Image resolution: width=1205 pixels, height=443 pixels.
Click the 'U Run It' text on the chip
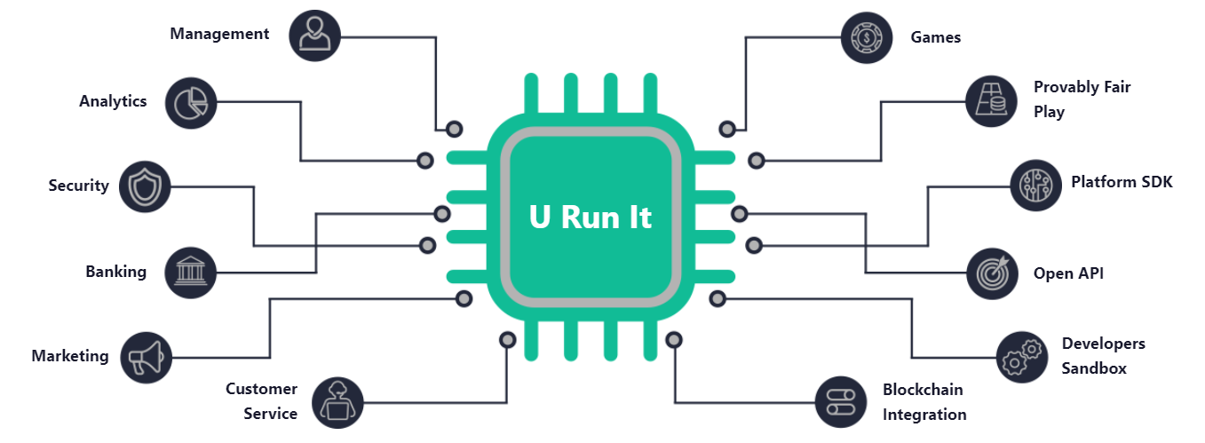pos(591,217)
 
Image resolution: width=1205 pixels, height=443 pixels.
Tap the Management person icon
pos(314,36)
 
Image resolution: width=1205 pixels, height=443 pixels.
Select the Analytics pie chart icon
pos(191,102)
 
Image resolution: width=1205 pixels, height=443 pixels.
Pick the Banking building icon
pos(191,272)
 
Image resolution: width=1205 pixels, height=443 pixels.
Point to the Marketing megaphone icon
pos(145,357)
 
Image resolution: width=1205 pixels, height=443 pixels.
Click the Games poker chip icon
pos(866,37)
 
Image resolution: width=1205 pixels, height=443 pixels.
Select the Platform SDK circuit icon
pos(1035,185)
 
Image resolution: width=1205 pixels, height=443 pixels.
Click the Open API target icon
pos(992,273)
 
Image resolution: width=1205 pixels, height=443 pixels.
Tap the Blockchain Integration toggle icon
pos(840,402)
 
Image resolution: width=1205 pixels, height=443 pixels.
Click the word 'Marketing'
pos(70,356)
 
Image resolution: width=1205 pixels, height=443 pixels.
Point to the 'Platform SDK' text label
pos(1122,182)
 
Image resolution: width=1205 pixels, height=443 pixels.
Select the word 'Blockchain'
pos(923,390)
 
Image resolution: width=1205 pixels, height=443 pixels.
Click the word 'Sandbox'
pos(1094,368)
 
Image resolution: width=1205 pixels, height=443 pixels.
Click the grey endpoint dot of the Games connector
pos(727,129)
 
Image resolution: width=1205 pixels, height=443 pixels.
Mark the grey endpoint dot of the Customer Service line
pos(507,339)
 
